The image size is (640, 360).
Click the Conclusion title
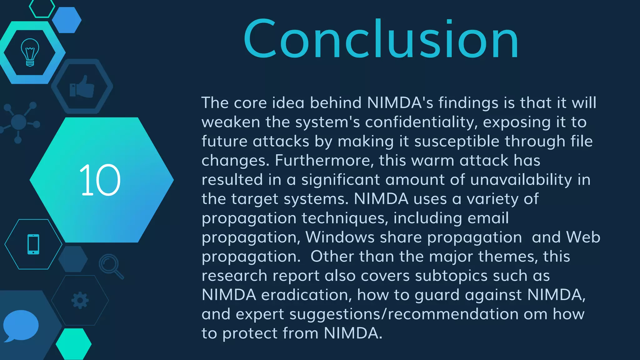click(381, 39)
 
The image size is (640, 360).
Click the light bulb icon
click(30, 52)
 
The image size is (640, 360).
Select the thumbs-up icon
click(82, 87)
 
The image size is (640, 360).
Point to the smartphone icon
click(33, 244)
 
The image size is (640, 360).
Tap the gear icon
click(80, 300)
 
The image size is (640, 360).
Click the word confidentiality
click(421, 122)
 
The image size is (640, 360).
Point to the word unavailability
click(521, 180)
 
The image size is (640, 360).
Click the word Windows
click(340, 237)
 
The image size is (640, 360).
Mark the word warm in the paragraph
click(432, 161)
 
